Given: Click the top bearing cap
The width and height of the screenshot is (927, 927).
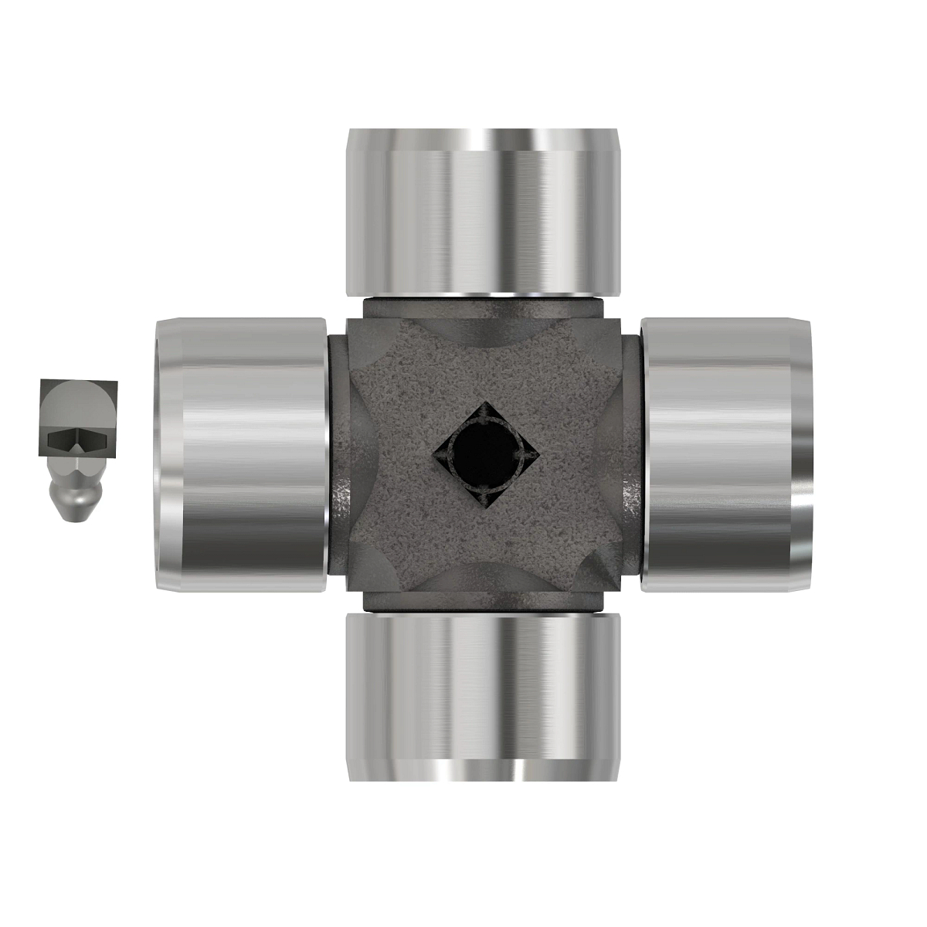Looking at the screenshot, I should (483, 212).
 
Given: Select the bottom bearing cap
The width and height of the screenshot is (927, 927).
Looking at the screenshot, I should (483, 695).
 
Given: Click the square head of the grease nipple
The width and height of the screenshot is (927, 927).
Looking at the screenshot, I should (79, 417).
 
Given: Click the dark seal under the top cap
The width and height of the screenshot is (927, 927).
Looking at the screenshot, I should (483, 299).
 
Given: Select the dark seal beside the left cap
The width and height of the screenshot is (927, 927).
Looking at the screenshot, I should (336, 456).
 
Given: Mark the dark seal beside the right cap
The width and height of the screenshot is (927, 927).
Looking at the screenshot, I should (631, 456).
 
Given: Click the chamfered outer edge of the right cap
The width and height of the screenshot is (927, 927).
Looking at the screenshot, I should (803, 456).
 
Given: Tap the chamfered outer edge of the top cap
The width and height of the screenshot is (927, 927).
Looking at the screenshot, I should (483, 139).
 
